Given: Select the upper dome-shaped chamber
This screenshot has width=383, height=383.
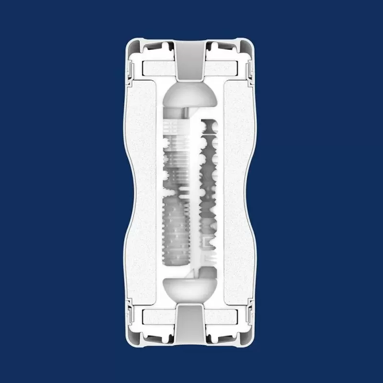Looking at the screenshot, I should coord(191,96).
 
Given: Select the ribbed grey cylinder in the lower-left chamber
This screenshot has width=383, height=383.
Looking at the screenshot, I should coord(177,230).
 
